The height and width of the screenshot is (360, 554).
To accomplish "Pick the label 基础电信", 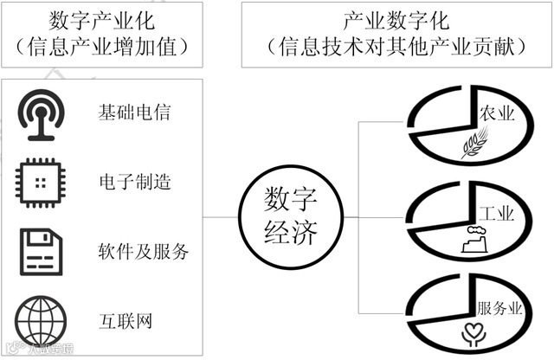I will (x=134, y=112).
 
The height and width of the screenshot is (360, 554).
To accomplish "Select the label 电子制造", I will (x=134, y=182).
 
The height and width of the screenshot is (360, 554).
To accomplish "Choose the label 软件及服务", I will (x=144, y=252).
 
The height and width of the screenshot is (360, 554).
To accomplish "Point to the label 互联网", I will (x=126, y=321).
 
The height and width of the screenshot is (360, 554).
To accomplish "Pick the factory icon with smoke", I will (x=476, y=239).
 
